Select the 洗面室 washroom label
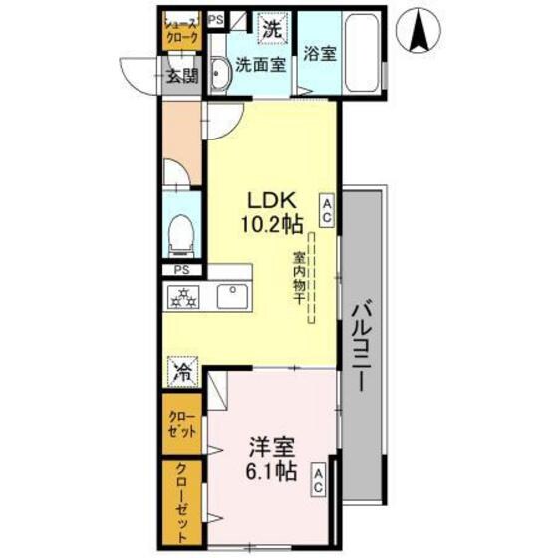(261, 67)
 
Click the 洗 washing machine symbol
(271, 30)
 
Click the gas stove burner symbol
(183, 295)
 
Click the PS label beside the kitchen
(181, 269)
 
